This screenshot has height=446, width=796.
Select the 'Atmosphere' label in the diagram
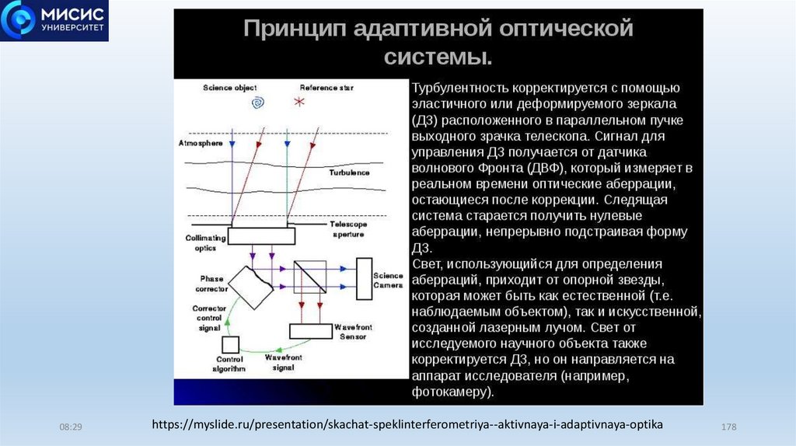[201, 144]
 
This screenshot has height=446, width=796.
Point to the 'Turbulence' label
[348, 172]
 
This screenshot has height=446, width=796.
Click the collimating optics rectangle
[256, 236]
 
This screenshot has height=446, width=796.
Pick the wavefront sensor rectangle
[311, 331]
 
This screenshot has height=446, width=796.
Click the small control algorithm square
[230, 345]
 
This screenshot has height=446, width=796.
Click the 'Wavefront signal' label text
[284, 363]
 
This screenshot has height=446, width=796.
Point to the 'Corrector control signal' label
[209, 319]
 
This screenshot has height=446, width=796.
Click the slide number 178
[729, 428]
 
